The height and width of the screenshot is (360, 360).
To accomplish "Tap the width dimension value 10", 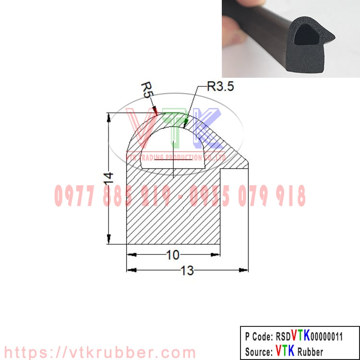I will pyautogui.click(x=173, y=255).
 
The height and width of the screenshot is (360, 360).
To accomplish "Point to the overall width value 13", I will pyautogui.click(x=187, y=271).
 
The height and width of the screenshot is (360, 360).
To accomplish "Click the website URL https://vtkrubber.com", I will pyautogui.click(x=98, y=352).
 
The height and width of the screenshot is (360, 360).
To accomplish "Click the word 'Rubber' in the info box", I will pyautogui.click(x=311, y=351).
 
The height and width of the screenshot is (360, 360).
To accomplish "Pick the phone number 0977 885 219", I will pyautogui.click(x=113, y=196).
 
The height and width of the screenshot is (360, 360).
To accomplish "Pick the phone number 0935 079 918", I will pyautogui.click(x=248, y=196).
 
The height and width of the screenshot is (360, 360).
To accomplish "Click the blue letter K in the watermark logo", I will pyautogui.click(x=206, y=127).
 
